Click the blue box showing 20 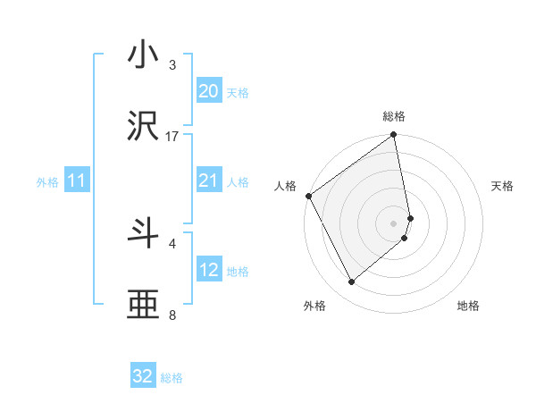(208, 90)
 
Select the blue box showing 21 (208, 181)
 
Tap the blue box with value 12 (208, 270)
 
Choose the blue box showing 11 (76, 181)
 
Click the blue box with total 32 (143, 376)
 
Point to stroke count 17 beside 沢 (172, 136)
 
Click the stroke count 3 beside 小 (172, 65)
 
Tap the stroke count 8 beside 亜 (172, 315)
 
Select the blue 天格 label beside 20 (238, 92)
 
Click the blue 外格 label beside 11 (47, 182)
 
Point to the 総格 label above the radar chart (394, 116)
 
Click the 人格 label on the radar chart (285, 186)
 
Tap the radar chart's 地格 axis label (468, 306)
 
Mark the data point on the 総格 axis (394, 137)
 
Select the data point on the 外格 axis (351, 281)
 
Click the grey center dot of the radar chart (394, 223)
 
